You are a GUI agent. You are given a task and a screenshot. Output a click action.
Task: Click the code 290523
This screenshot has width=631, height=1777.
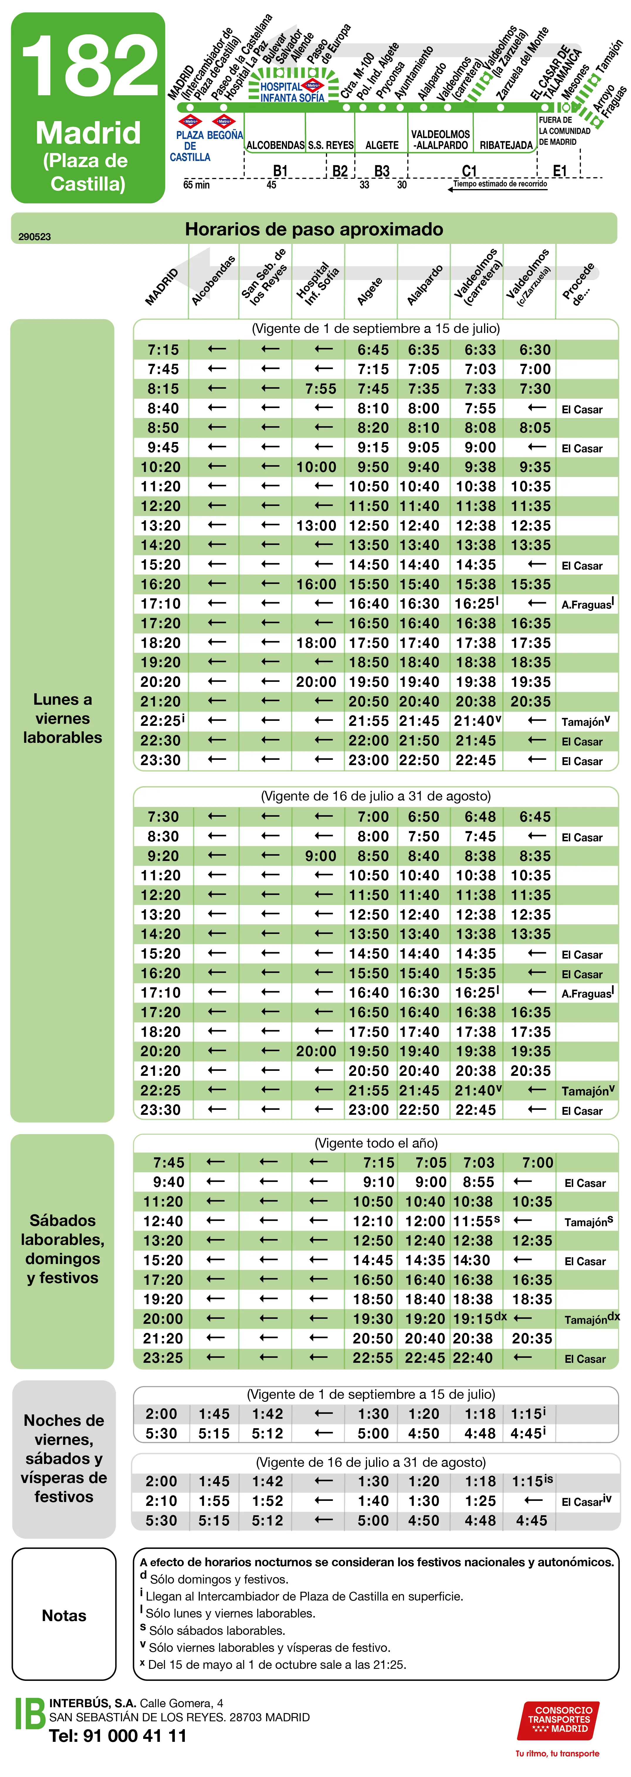35,237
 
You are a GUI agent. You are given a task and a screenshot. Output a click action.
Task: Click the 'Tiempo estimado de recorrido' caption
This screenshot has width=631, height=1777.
500,184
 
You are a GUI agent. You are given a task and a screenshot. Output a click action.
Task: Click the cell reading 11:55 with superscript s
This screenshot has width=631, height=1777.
476,1221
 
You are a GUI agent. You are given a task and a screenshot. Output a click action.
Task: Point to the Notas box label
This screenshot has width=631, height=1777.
64,1615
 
